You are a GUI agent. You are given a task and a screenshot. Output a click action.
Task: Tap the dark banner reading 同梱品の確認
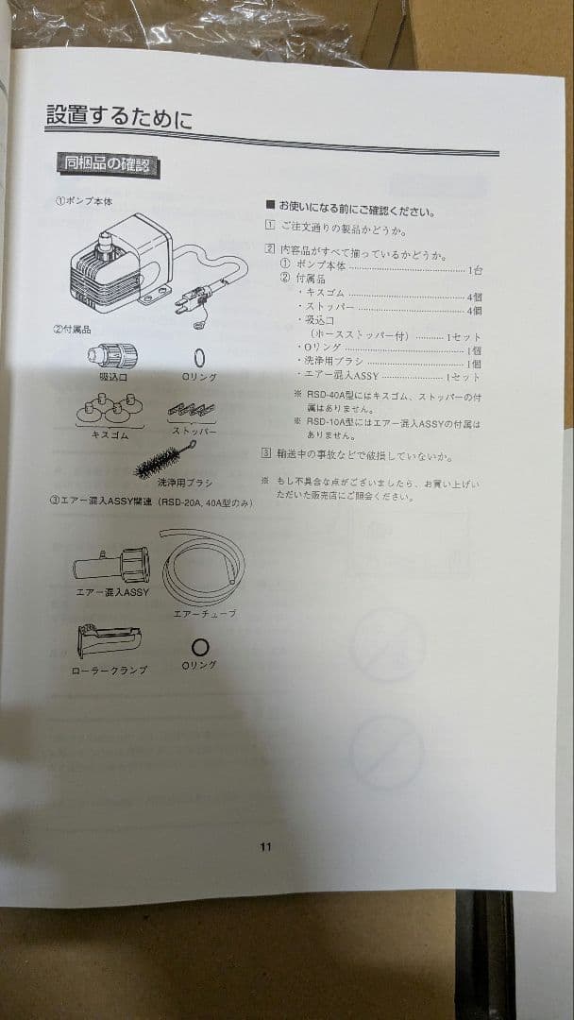[106, 165]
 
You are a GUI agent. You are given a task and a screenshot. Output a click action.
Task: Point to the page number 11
[265, 847]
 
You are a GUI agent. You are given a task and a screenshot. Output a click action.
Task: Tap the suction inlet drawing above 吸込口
[111, 356]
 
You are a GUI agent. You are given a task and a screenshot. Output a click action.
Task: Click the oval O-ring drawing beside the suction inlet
[200, 358]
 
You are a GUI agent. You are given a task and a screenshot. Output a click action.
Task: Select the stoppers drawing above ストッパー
[192, 412]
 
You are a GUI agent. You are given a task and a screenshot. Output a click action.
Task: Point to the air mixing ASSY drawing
[111, 565]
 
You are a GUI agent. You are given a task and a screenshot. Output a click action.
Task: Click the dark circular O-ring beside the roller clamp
[200, 646]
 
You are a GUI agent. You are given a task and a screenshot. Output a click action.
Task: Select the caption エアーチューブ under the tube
[205, 614]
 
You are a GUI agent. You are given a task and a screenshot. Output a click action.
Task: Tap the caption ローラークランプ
[110, 671]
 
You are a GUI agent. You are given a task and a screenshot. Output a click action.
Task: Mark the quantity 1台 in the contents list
[474, 270]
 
